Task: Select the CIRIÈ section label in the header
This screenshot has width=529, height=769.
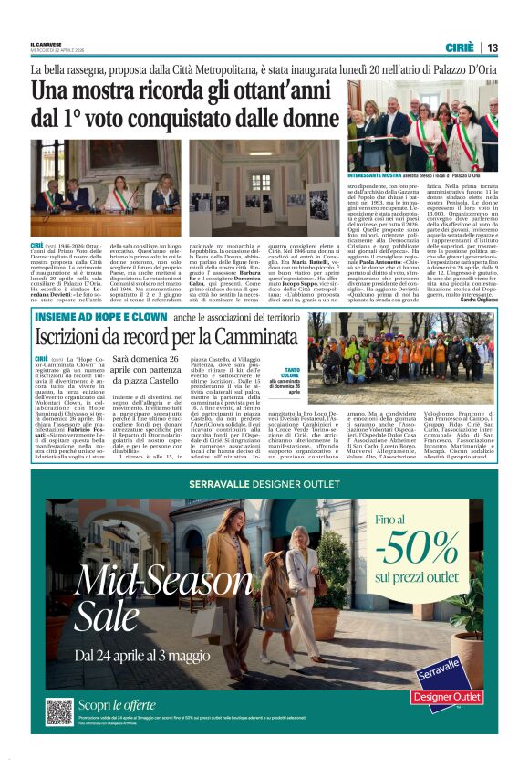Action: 460,47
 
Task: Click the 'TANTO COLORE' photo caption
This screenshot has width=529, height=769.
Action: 290,375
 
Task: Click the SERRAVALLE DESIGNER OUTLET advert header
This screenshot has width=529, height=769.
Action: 264,484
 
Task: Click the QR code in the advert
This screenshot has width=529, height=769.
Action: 59,711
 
